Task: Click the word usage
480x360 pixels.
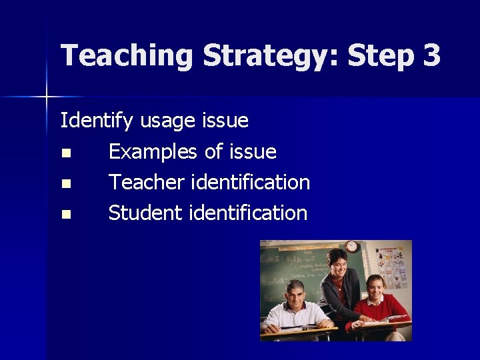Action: [x=167, y=121]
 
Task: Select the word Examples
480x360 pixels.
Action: [x=153, y=152]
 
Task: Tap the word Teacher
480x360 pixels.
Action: [x=146, y=182]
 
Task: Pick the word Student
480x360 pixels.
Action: [x=145, y=213]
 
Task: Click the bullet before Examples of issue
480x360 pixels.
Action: [x=65, y=153]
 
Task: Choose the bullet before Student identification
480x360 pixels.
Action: [x=65, y=215]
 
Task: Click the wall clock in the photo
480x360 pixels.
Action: [x=351, y=247]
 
